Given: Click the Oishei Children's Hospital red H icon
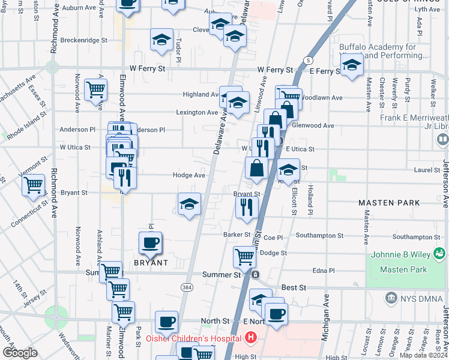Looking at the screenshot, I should (x=251, y=338).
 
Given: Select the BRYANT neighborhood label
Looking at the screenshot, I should (x=151, y=263).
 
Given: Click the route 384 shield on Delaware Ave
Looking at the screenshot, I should (x=187, y=287).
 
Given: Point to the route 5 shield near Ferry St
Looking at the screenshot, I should (x=308, y=61).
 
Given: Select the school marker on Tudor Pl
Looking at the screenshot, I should (x=161, y=40).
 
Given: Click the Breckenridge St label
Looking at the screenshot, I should (x=86, y=41).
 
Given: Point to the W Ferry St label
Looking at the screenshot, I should (x=145, y=69).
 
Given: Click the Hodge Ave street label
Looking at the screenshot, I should (x=189, y=175).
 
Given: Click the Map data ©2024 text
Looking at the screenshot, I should (x=423, y=355).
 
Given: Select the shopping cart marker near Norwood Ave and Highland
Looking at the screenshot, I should (x=95, y=90).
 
